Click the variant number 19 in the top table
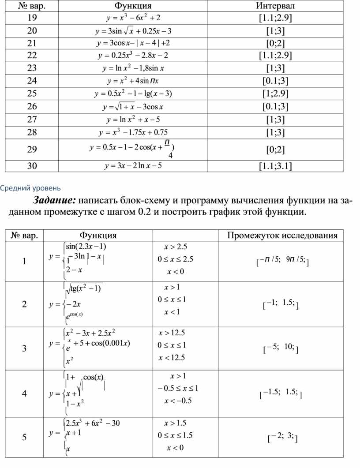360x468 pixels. pos(32,18)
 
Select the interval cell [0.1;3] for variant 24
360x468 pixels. pos(275,81)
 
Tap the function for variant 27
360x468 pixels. pos(133,120)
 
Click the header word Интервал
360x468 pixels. pos(275,6)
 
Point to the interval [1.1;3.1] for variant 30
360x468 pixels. pos(275,166)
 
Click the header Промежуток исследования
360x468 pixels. pos(282,235)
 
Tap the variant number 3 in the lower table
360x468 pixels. pos(25,348)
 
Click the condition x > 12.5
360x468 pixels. pos(172,333)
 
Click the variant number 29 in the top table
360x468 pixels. pos(32,150)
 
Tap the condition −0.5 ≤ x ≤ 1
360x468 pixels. pos(177,388)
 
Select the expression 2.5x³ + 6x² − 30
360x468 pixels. pos(93,423)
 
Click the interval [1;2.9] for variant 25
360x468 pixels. pos(275,94)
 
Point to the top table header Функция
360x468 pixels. pos(133,6)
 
